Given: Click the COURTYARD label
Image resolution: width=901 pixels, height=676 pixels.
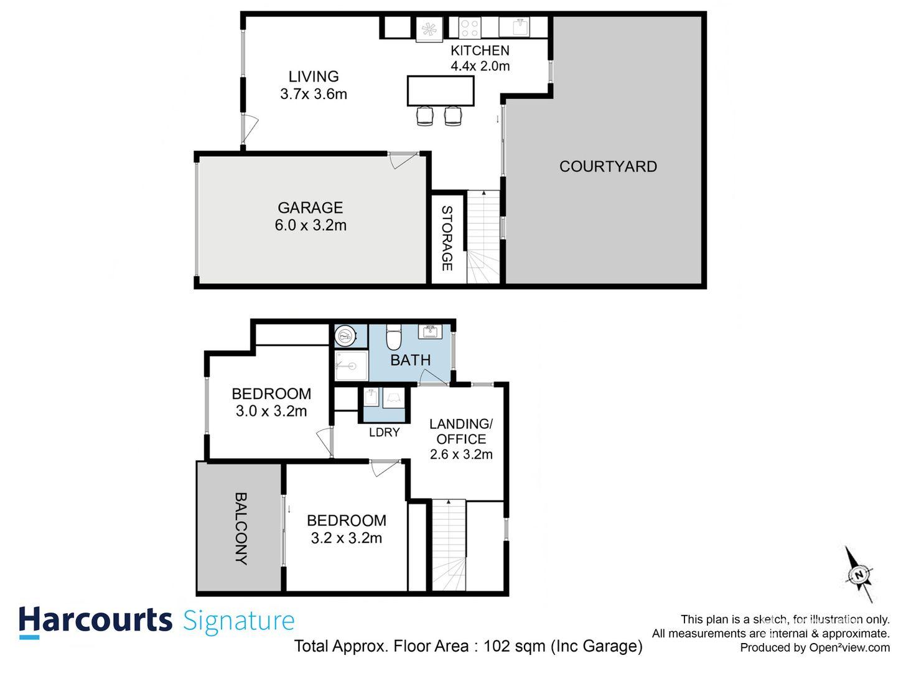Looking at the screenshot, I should click(x=607, y=166).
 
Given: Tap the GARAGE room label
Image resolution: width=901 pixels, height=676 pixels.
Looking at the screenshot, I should click(x=310, y=207).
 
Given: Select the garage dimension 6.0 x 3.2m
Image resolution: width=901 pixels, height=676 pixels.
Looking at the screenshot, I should click(x=310, y=225).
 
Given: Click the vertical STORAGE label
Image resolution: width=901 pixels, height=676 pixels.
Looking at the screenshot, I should click(x=447, y=238).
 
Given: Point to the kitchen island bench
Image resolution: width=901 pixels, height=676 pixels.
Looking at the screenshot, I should click(x=441, y=91).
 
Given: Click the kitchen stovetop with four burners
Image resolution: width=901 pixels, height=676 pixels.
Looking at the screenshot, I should click(x=469, y=28).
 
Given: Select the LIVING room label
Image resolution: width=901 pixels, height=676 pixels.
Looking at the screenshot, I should click(x=314, y=77).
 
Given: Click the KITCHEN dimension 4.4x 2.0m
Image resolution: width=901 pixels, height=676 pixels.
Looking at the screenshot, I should click(x=480, y=66).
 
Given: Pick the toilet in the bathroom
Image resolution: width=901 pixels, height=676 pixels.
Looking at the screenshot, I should click(x=394, y=338).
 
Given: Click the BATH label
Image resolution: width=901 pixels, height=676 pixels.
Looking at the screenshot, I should click(x=410, y=360).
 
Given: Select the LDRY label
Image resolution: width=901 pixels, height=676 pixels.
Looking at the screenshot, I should click(x=384, y=432).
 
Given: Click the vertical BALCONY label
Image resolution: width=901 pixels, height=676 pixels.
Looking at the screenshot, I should click(x=241, y=528).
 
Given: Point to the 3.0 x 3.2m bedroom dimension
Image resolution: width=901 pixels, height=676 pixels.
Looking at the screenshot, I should click(x=271, y=411).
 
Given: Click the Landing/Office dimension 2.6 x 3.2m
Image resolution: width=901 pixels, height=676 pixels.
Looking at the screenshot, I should click(x=461, y=454).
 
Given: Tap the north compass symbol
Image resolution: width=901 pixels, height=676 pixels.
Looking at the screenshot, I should click(x=859, y=574).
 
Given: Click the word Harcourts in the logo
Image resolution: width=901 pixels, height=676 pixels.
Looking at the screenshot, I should click(x=95, y=621).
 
